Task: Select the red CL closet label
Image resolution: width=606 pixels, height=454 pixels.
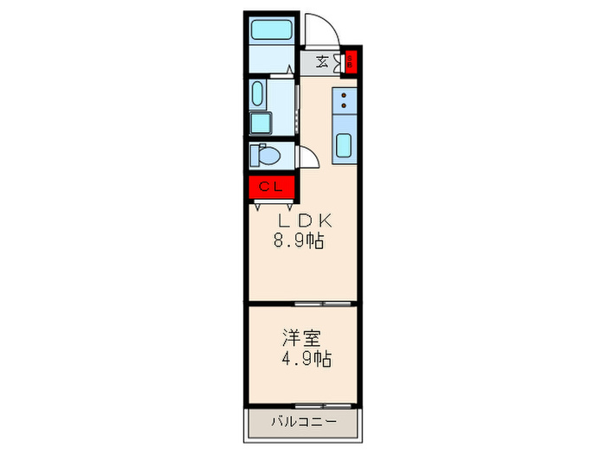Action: (271, 187)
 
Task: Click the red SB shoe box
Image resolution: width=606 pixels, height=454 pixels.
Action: (351, 61)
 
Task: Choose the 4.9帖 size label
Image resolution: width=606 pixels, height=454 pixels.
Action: (305, 357)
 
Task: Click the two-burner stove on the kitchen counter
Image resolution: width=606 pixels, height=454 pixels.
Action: (344, 101)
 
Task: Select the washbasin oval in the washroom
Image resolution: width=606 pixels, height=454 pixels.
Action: (257, 93)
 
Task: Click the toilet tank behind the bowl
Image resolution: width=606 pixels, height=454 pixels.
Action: (254, 157)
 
